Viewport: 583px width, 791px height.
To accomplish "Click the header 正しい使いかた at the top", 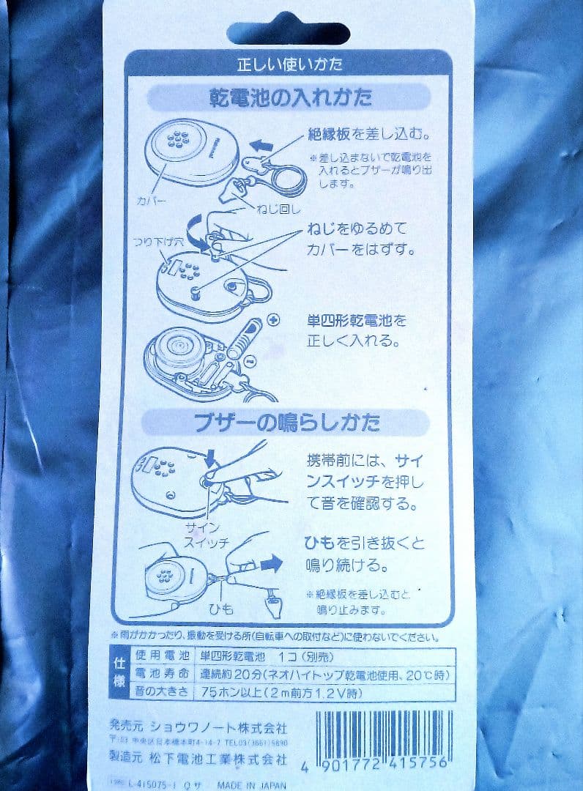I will coord(289,65).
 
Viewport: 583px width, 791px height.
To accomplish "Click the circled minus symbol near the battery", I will coord(249,361).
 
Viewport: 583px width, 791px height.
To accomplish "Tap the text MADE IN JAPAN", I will coord(254,783).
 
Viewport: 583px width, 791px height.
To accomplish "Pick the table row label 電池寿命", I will coord(160,673).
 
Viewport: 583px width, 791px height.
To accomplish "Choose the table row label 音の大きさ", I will coord(160,691).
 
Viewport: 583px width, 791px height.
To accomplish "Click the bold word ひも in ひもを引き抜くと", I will coord(317,543).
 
